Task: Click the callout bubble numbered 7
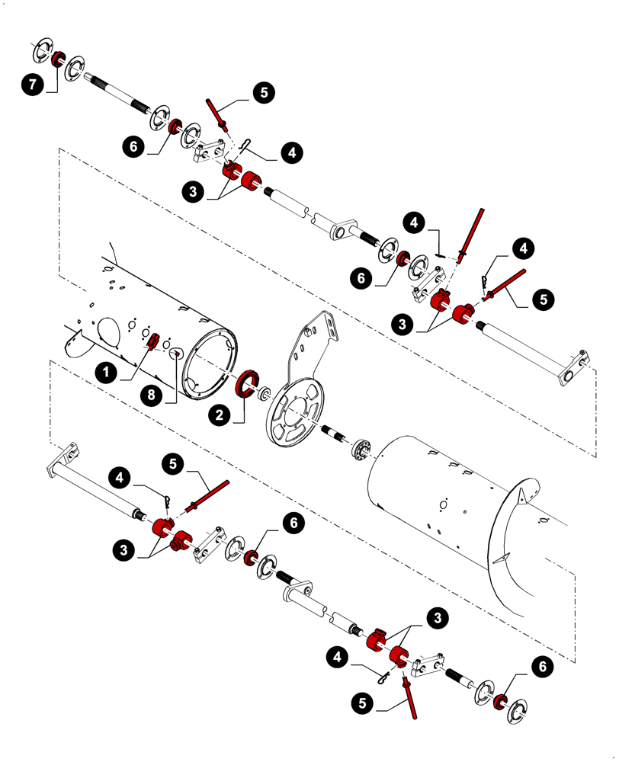coord(32,86)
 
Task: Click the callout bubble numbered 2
coord(219,415)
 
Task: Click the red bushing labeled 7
coord(57,59)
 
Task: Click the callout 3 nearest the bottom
coord(437,618)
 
